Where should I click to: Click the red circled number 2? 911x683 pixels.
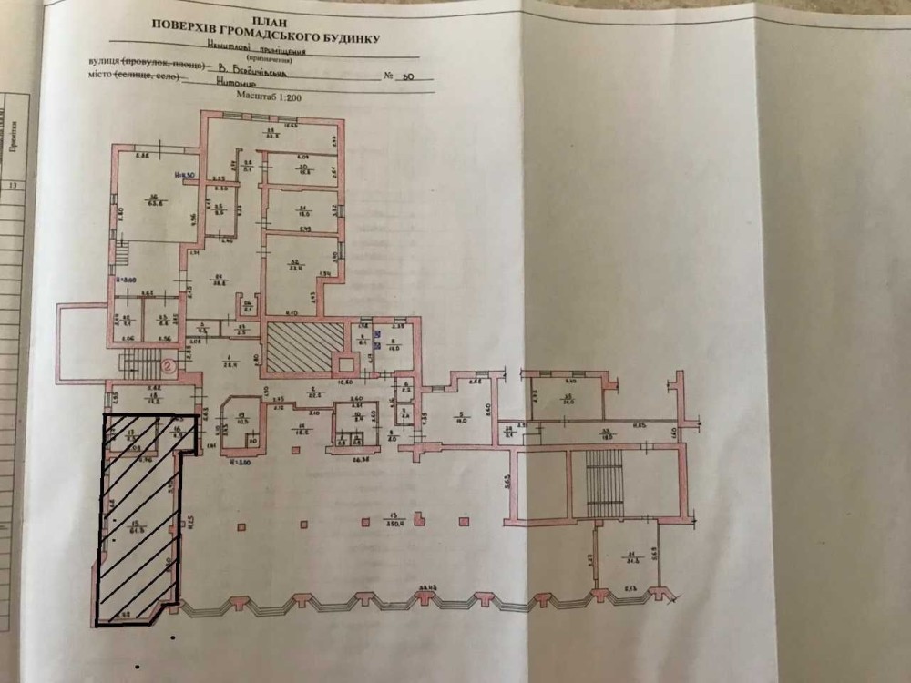(168, 367)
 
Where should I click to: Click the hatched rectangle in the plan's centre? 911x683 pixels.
(304, 345)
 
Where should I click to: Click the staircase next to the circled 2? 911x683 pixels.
(140, 366)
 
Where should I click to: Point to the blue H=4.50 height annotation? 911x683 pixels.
(186, 175)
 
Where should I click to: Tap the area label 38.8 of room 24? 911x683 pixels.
(218, 281)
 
